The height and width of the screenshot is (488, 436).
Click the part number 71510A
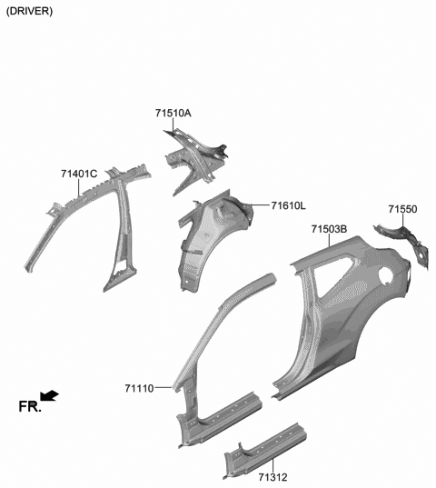point(173,114)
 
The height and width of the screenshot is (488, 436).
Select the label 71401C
point(80,174)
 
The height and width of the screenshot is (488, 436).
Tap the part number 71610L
point(289,206)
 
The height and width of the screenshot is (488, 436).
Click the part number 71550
point(402,209)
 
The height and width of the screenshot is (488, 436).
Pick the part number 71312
point(272,476)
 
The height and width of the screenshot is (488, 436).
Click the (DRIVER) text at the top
point(29,11)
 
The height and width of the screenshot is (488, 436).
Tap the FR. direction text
point(30,407)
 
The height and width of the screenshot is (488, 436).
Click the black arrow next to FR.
point(51,395)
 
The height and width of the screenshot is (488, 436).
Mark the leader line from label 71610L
point(258,206)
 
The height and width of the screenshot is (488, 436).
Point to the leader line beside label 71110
point(165,387)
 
